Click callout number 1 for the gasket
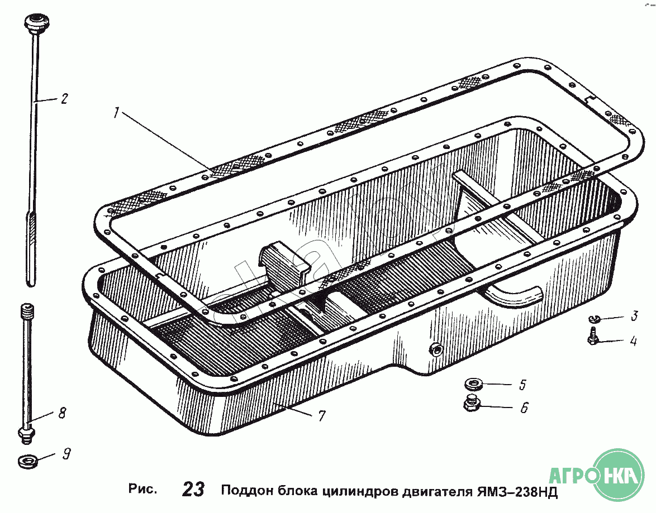(x=116, y=113)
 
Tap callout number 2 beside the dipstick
(x=64, y=99)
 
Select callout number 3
(x=634, y=316)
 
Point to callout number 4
(x=633, y=341)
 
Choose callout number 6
(x=524, y=408)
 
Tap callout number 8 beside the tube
(x=62, y=413)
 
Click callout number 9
(x=66, y=454)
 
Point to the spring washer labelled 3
(x=595, y=319)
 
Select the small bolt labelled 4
(x=594, y=338)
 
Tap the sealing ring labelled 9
(x=27, y=462)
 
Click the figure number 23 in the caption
(x=193, y=490)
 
